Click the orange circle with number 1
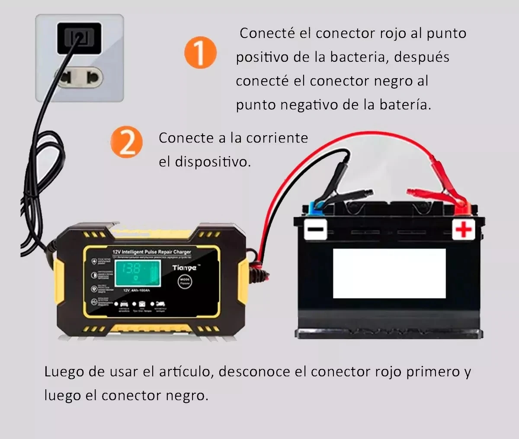tap(200, 53)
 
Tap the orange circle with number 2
tap(126, 142)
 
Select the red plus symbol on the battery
tap(464, 229)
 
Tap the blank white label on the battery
tap(389, 273)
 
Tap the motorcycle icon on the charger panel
tap(160, 304)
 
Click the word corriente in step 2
tap(277, 138)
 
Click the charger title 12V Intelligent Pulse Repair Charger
tap(151, 251)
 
